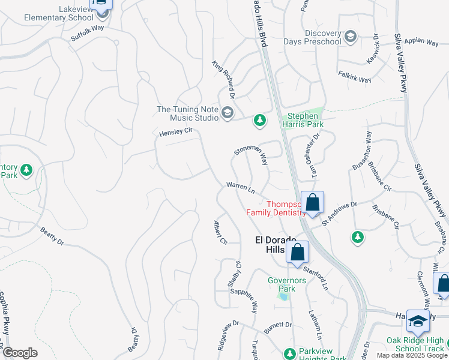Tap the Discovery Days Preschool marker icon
click(x=351, y=37)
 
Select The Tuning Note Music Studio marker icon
click(x=228, y=113)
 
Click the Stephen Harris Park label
click(x=305, y=120)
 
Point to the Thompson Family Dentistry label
click(x=277, y=208)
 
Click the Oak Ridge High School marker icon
click(x=418, y=322)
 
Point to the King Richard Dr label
click(x=222, y=79)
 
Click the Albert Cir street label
click(x=220, y=233)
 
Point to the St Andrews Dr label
click(x=339, y=213)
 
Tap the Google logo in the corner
click(x=19, y=353)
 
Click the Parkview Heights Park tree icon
click(x=290, y=353)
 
